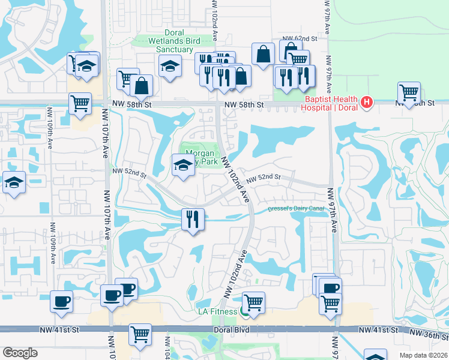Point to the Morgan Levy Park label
coord(200,157)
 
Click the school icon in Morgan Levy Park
coord(182,166)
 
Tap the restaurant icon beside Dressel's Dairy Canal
coord(193,218)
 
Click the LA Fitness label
coord(218,311)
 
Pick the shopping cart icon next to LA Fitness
coord(253,302)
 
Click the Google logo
coord(20,352)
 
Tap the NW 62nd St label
coord(301,38)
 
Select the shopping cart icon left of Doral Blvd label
coord(140,334)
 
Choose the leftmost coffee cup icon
coord(61,301)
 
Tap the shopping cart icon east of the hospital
coord(409,93)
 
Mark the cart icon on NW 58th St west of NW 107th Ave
coord(80,103)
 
